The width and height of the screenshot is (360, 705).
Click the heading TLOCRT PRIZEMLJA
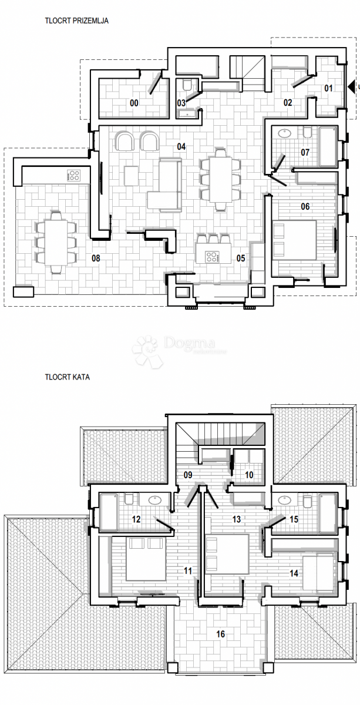76,20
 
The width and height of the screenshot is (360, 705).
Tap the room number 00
134,103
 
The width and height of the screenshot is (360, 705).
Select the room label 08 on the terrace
96,257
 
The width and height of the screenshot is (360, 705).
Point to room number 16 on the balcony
221,634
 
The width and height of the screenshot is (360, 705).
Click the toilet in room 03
187,86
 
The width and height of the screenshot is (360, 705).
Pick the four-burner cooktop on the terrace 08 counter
73,174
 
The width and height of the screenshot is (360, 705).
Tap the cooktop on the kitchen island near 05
211,257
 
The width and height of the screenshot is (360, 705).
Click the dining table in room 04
221,180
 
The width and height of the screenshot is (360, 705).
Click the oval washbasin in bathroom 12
155,501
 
